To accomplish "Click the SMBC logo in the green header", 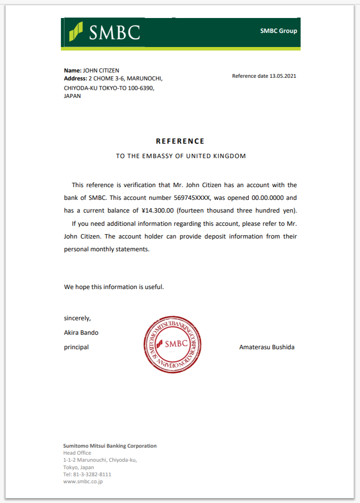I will [104, 32].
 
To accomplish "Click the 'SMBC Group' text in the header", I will [278, 31].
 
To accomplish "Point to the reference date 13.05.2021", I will [283, 76].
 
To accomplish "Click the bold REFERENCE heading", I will [180, 141].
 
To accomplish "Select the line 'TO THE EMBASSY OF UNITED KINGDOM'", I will [181, 156].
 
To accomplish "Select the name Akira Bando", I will [81, 333].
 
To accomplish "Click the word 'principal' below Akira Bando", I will [76, 347].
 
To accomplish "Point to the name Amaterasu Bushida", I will [267, 347].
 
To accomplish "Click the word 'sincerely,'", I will [78, 318].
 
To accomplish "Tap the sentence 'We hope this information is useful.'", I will [114, 287].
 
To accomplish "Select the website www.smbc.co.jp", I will [83, 481].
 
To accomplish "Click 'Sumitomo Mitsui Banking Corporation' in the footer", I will [110, 445].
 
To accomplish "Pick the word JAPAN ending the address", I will [72, 96].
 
